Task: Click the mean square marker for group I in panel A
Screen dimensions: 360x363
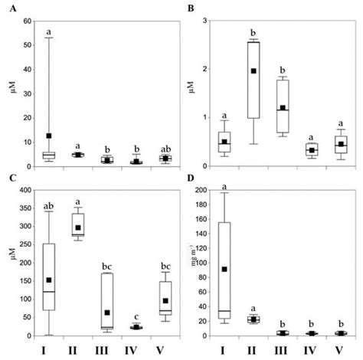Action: pos(49,136)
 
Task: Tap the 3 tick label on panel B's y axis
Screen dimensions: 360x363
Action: pos(208,20)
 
